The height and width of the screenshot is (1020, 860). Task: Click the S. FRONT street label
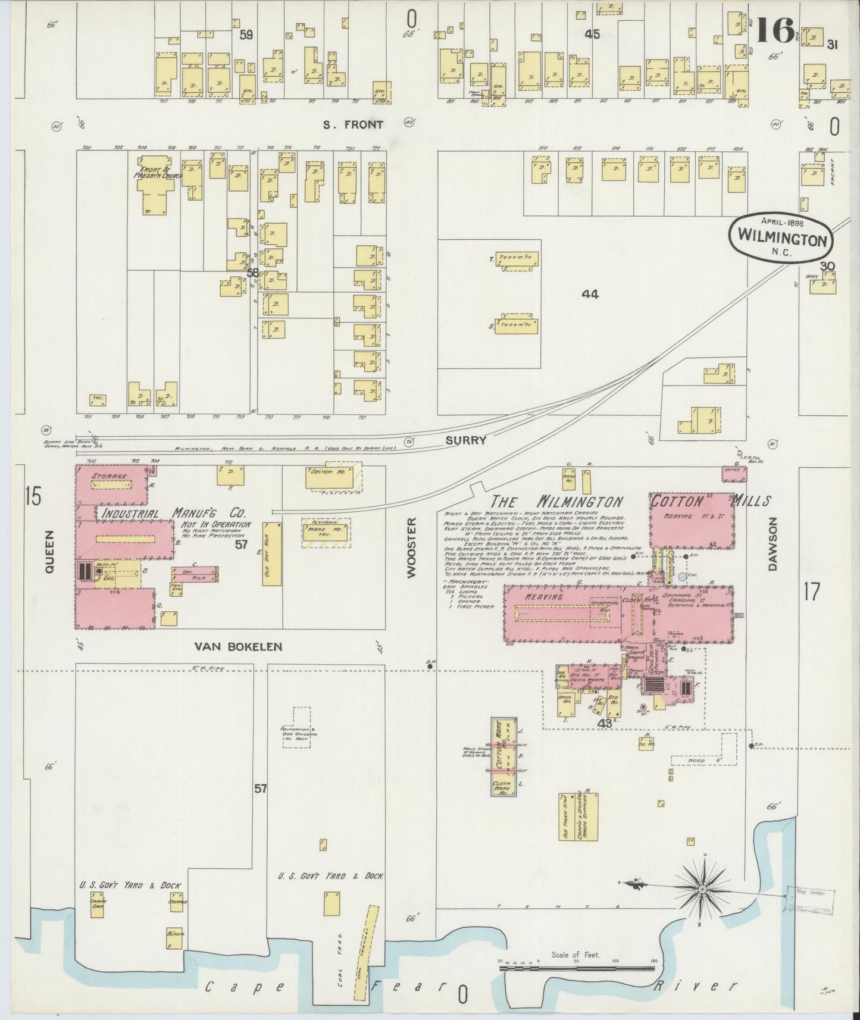click(353, 125)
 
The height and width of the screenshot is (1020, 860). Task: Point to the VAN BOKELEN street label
click(238, 646)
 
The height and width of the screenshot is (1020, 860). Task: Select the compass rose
click(703, 889)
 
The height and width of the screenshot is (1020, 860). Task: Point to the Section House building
click(327, 478)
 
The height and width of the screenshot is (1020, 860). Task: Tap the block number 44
click(590, 294)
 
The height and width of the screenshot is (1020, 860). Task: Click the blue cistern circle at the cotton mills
click(682, 577)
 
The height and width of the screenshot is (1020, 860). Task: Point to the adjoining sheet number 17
click(811, 592)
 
